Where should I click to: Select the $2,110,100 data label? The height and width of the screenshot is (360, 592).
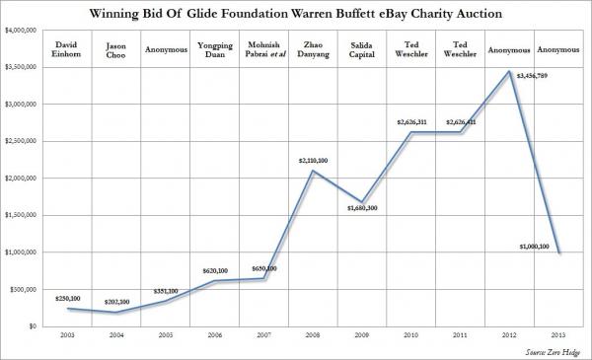coord(314,160)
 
